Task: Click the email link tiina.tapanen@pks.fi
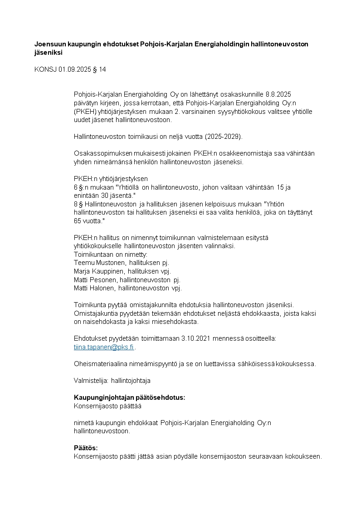point(104,347)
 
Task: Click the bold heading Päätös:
point(86,448)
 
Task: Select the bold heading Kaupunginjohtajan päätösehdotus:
point(129,397)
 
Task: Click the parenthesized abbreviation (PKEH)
point(84,111)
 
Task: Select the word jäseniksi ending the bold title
point(48,52)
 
